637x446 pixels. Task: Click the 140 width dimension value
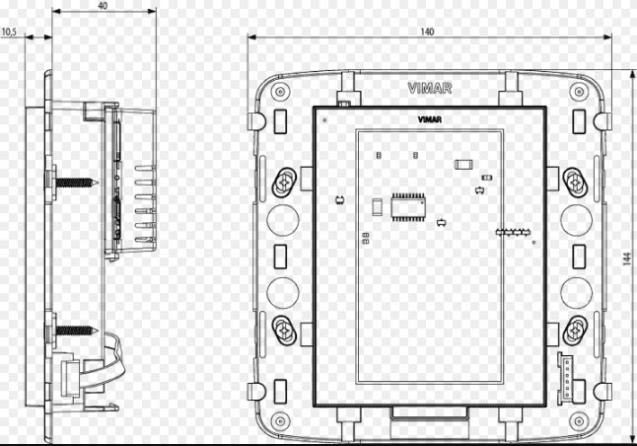point(427,32)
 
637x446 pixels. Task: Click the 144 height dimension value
point(627,260)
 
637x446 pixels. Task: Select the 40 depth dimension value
point(103,6)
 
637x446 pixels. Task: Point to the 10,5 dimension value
point(9,33)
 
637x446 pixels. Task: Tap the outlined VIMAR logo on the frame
point(430,88)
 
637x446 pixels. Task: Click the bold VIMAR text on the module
point(430,119)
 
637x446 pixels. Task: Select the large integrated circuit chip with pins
point(408,206)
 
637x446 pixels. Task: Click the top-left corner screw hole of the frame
point(280,91)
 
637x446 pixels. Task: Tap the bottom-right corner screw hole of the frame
point(579,420)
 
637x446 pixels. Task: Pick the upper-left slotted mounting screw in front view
point(284,183)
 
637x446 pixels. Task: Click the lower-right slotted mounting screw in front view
point(575,331)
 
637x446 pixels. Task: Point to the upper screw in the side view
point(76,183)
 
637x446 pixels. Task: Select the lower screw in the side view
point(76,331)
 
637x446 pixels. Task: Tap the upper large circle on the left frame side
point(283,219)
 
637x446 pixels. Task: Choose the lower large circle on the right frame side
point(577,292)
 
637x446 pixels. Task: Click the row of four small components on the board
point(513,232)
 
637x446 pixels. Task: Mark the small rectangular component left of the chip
point(378,207)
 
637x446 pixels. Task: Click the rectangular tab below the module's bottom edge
point(430,412)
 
